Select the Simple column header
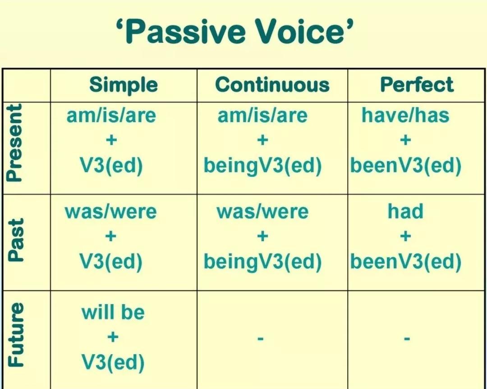click(124, 85)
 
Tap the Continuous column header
click(272, 85)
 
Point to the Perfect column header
click(417, 84)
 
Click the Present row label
click(14, 143)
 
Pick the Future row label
click(15, 334)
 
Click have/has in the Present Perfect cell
click(405, 115)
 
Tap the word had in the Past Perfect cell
click(405, 211)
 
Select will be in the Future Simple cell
click(113, 312)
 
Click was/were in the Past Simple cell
click(110, 212)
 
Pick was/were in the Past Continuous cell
click(262, 212)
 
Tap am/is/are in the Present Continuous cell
click(262, 116)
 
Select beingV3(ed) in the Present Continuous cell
click(262, 166)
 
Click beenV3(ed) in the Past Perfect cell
click(406, 262)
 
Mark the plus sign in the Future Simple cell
click(113, 337)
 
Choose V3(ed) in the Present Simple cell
click(111, 166)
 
